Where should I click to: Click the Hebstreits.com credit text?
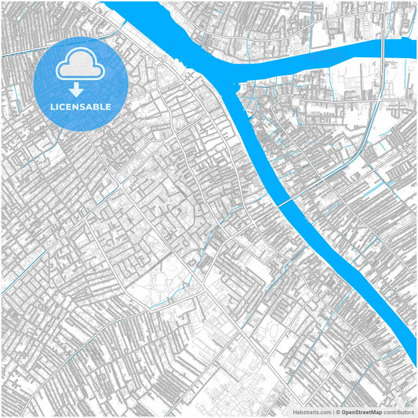[x=312, y=412]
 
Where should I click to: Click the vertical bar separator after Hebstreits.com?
[x=333, y=412]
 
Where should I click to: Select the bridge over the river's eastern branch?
[x=382, y=49]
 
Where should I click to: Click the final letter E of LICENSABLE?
[x=108, y=107]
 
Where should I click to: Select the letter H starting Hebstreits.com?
[x=295, y=412]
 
